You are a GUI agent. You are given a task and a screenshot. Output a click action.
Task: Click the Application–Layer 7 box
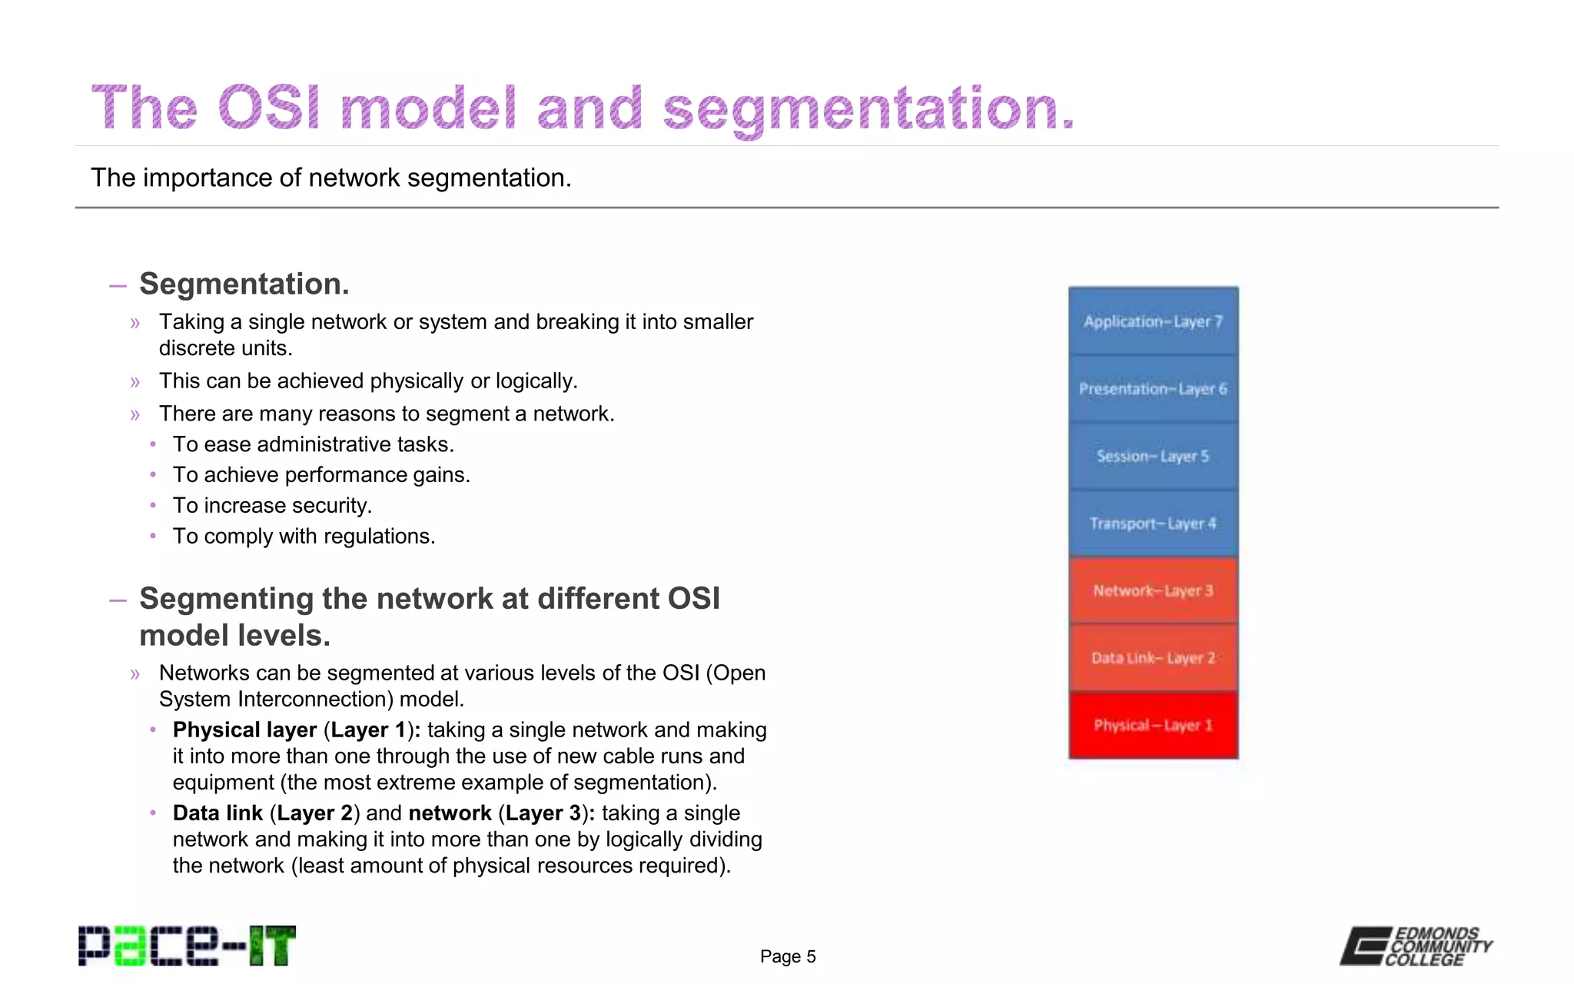(x=1153, y=321)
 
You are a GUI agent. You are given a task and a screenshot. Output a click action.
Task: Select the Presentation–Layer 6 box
(x=1153, y=389)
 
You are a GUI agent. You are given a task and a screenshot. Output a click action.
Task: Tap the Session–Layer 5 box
(x=1153, y=456)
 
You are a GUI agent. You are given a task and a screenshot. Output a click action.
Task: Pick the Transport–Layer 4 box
(x=1153, y=524)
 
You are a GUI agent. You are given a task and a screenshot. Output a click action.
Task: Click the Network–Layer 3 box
(x=1153, y=590)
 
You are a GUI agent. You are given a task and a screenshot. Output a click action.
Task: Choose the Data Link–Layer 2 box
(x=1153, y=658)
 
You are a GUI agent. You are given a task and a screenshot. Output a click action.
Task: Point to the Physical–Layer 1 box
(x=1153, y=725)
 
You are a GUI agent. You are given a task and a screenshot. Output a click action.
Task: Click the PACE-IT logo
(x=187, y=946)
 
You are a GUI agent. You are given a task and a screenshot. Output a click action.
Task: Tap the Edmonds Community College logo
(x=1416, y=946)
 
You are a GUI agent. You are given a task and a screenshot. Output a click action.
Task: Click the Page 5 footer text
(x=788, y=956)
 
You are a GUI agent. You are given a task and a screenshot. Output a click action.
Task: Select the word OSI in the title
(x=268, y=108)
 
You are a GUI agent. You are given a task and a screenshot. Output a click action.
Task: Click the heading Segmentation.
(x=244, y=284)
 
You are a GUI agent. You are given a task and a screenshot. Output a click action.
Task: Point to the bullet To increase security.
(x=272, y=505)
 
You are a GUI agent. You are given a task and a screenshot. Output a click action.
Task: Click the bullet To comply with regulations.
(x=304, y=536)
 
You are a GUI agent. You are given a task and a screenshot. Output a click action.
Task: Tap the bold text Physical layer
(x=244, y=730)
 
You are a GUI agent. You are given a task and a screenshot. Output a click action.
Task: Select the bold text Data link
(x=218, y=813)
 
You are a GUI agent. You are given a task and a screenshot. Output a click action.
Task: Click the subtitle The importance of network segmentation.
(x=330, y=178)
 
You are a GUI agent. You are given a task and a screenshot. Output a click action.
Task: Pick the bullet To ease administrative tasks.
(x=313, y=444)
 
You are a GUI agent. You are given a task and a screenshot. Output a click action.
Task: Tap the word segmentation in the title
(x=868, y=108)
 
